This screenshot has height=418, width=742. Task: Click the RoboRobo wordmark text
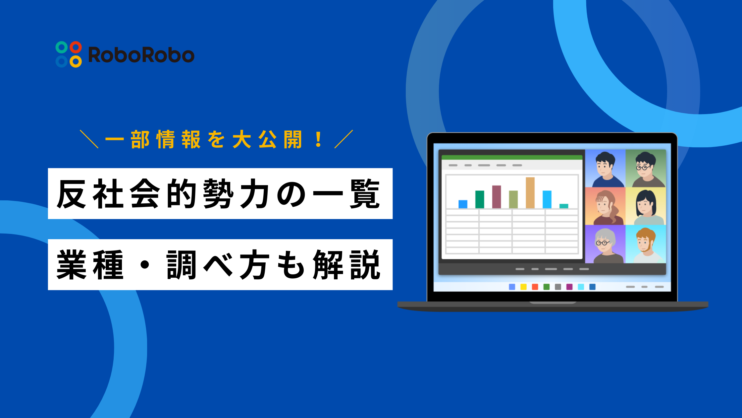(x=141, y=55)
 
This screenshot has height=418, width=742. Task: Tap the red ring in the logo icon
(x=76, y=47)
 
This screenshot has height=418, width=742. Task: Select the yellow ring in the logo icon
(x=76, y=61)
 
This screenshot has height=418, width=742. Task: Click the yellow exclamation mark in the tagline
(x=318, y=140)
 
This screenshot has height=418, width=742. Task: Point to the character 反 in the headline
(x=72, y=194)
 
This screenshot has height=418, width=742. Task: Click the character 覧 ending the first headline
(x=365, y=194)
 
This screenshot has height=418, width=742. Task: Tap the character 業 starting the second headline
(x=72, y=265)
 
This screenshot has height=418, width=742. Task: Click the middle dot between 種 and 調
(x=145, y=265)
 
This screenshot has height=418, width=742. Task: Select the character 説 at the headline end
(x=365, y=265)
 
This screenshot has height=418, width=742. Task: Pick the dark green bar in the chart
(x=480, y=199)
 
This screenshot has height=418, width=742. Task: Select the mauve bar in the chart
(x=496, y=197)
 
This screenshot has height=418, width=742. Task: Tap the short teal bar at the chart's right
(x=563, y=206)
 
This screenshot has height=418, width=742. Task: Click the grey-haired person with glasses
(x=605, y=245)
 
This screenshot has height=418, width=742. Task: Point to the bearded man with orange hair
(x=645, y=245)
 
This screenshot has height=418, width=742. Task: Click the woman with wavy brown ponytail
(x=605, y=207)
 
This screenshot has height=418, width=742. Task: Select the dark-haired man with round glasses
(x=645, y=169)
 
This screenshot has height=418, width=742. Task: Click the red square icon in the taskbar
(x=535, y=287)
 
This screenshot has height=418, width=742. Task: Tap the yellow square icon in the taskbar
(x=523, y=287)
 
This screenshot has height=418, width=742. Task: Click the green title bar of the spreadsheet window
(x=512, y=157)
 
